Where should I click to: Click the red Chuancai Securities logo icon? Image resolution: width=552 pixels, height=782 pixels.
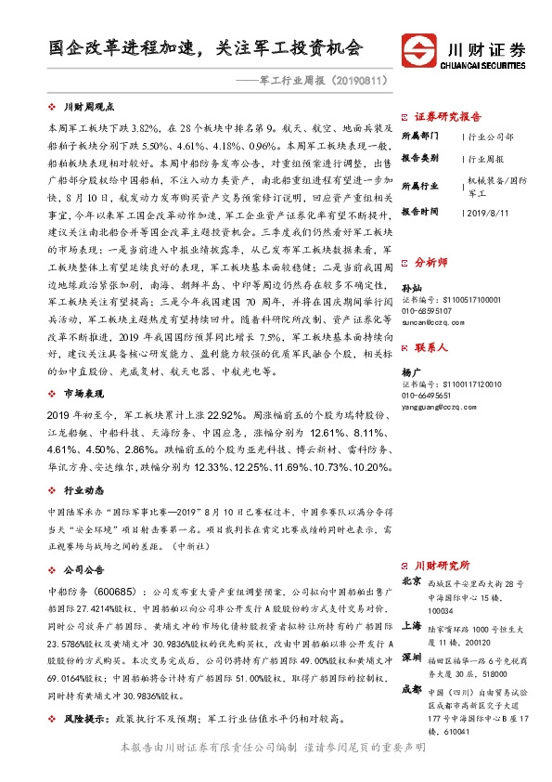[x=422, y=49]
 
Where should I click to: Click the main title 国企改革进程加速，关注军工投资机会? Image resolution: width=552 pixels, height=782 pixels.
[x=207, y=47]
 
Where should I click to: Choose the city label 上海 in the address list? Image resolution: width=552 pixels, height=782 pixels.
[x=411, y=624]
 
